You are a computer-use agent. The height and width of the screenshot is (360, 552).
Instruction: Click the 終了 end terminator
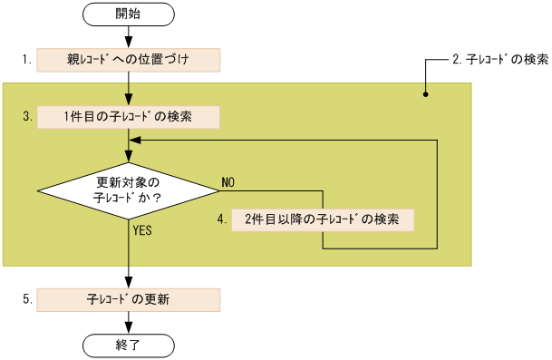click(129, 345)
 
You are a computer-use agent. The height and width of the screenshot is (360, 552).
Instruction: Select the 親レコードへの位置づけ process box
click(129, 60)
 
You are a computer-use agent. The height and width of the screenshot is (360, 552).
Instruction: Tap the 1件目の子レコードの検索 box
click(129, 117)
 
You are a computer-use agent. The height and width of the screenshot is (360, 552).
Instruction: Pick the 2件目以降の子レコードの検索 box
click(324, 219)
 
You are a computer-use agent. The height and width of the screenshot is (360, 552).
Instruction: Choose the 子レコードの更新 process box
click(129, 298)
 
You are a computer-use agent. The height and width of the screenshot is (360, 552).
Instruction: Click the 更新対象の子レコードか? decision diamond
click(129, 189)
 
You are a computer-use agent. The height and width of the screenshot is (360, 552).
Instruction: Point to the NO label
click(228, 182)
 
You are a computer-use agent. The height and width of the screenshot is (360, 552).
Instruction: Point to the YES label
click(142, 230)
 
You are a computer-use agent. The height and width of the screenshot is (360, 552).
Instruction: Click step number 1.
click(27, 60)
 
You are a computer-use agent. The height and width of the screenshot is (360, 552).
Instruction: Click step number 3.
click(27, 117)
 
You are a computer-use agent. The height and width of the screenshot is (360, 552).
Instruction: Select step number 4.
click(220, 219)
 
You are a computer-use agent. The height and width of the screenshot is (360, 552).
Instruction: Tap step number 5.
click(27, 298)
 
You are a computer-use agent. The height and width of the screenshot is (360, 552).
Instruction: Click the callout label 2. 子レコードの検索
click(499, 60)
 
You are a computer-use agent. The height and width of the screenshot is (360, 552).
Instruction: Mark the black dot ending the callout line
click(425, 92)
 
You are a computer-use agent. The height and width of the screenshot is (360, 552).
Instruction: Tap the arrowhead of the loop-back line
click(136, 141)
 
